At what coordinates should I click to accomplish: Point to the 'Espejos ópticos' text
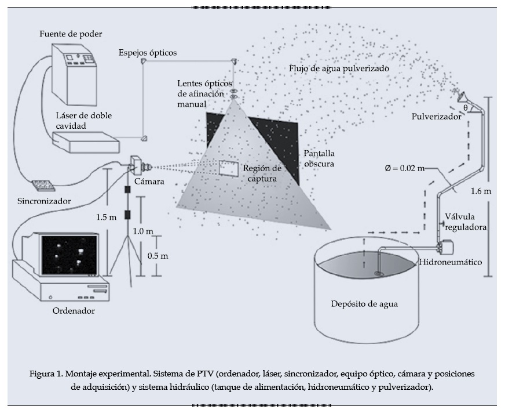coord(148,53)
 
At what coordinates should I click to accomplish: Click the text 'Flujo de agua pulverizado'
coord(339,68)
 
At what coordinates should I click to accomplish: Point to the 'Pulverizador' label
coord(436,116)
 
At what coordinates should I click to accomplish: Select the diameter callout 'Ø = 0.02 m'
coord(404,168)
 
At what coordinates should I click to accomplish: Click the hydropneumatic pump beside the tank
coord(447,247)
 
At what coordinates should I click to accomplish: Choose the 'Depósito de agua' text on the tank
coord(364,304)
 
